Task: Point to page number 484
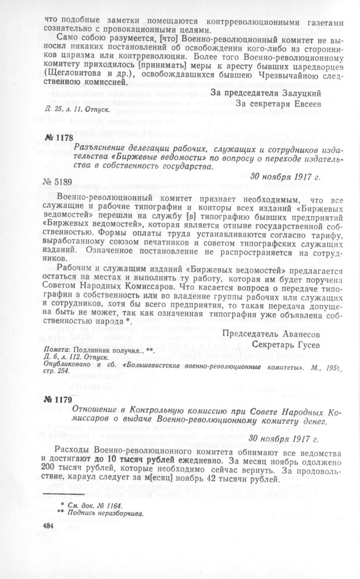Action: coord(49,526)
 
